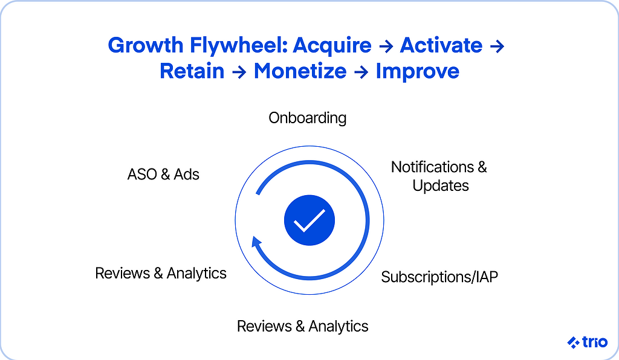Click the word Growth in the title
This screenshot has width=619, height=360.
coord(145,45)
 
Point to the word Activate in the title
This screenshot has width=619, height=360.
coord(441,45)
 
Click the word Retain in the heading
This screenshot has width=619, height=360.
coord(192,71)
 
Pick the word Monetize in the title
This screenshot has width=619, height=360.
coord(300,71)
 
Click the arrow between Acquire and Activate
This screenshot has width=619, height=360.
coord(386,47)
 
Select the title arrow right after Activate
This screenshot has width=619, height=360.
coord(497,47)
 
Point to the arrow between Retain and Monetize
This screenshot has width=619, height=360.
coord(239,72)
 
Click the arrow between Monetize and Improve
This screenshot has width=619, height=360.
coord(361,72)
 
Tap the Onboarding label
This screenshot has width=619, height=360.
coord(308,118)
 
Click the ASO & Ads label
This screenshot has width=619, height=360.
coord(163,175)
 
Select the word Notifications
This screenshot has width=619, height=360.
coord(432,167)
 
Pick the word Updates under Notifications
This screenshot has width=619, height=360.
coord(441,185)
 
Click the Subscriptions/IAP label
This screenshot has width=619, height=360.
coord(439,277)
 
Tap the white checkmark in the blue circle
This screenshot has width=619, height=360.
coord(309,220)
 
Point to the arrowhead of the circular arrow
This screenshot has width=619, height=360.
coord(256,242)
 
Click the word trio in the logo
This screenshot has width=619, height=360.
coord(595,342)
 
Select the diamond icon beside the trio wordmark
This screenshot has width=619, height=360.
coord(573,342)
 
